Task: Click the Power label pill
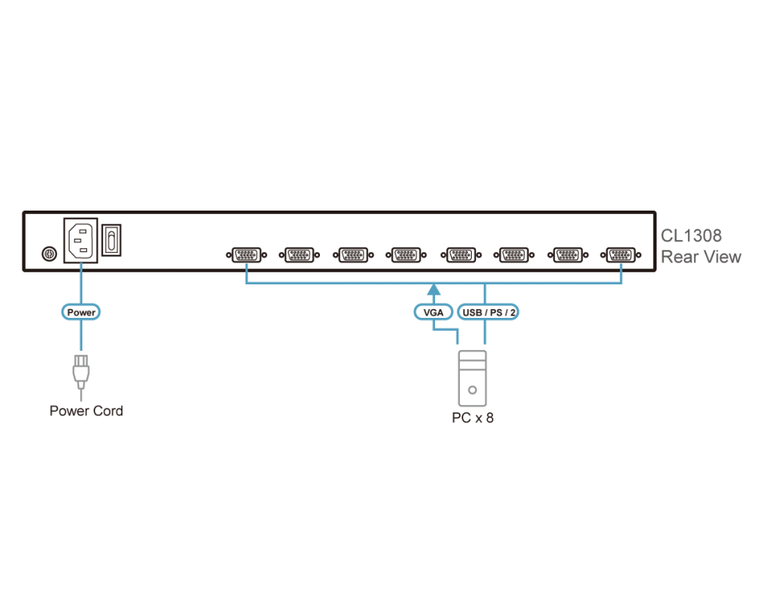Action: pos(81,312)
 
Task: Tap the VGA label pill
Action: pos(433,312)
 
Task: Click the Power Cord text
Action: pos(86,411)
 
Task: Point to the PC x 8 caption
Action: pos(472,417)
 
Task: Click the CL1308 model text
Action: pos(691,235)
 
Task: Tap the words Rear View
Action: pos(701,257)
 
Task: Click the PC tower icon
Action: pos(472,378)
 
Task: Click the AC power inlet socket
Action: pos(81,239)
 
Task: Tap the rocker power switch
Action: pos(113,239)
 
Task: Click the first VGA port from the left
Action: pos(246,255)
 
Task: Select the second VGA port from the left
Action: pos(299,255)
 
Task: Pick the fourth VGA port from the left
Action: pos(405,255)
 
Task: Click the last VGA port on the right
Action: pos(621,255)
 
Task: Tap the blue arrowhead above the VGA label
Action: pos(433,289)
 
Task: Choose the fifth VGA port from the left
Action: pos(460,255)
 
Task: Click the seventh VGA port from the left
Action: pos(567,255)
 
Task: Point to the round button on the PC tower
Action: pos(472,391)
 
